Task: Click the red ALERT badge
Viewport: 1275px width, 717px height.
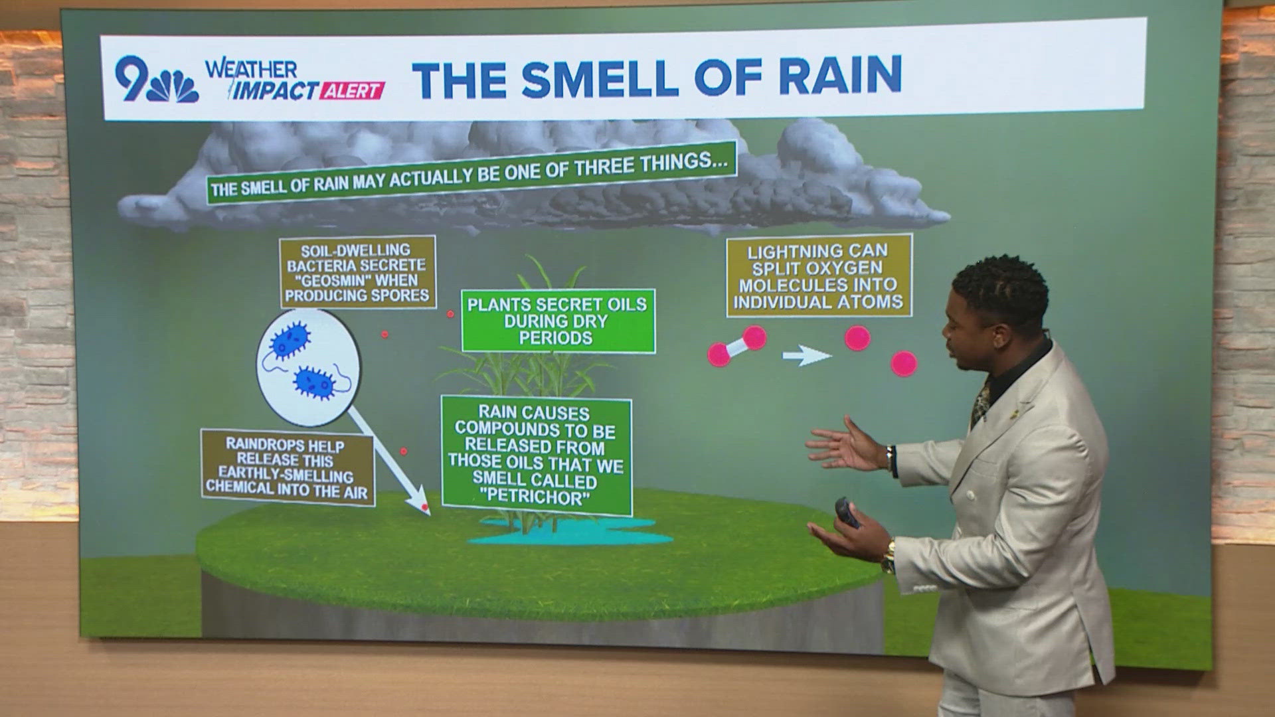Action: [353, 91]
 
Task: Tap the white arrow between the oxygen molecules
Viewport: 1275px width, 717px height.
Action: [806, 356]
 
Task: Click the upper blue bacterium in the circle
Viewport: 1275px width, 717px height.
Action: [291, 339]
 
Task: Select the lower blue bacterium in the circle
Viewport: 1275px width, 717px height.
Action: [315, 382]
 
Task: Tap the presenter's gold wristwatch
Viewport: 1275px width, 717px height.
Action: [888, 558]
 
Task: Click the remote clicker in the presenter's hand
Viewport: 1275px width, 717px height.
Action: [847, 513]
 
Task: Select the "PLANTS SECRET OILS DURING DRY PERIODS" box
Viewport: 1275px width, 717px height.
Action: [558, 321]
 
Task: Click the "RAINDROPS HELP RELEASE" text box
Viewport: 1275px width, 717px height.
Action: [288, 467]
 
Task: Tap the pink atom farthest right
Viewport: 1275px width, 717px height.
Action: [903, 363]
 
